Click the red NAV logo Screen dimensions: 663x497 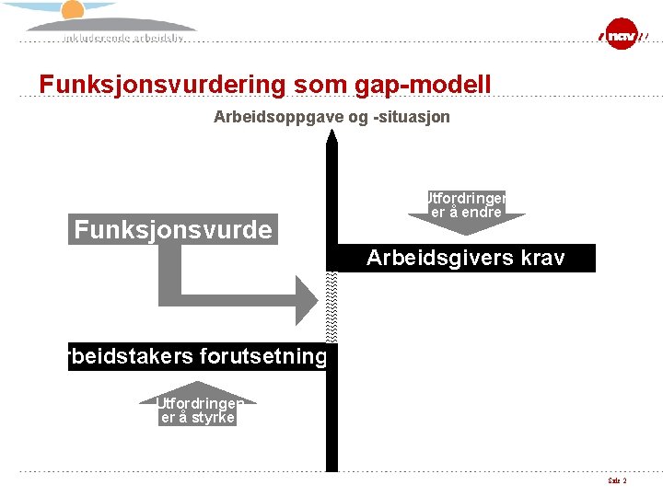(x=621, y=35)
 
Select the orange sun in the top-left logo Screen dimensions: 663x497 (x=73, y=9)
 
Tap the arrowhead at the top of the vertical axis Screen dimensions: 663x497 (x=331, y=139)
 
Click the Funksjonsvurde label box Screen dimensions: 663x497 (x=173, y=229)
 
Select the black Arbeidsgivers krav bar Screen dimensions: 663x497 (x=465, y=259)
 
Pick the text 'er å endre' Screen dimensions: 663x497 (x=466, y=213)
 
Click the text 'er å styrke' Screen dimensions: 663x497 (x=198, y=418)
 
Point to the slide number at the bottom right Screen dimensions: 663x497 (x=617, y=481)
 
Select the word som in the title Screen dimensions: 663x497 (x=317, y=85)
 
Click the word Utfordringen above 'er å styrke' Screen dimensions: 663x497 (x=199, y=403)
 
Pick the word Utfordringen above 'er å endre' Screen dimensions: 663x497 (x=465, y=197)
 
